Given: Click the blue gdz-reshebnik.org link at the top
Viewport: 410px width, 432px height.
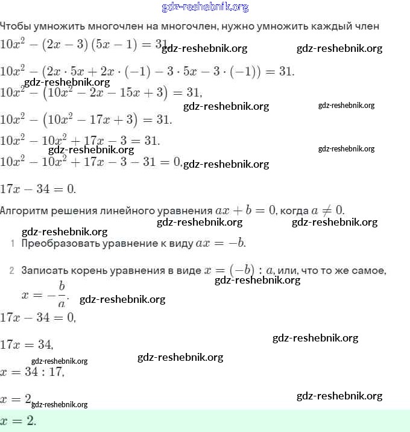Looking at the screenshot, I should point(205,7).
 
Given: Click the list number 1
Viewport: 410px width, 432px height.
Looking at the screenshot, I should point(12,244).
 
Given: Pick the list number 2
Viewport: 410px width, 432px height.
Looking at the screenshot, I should point(12,271).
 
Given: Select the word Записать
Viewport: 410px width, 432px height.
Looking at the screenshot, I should point(44,271).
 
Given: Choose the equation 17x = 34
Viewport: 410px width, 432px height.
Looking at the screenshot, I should point(27,345).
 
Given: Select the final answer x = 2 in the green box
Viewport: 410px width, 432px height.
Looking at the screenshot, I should point(18,421).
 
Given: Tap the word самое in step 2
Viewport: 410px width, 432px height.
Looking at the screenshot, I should point(367,271).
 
